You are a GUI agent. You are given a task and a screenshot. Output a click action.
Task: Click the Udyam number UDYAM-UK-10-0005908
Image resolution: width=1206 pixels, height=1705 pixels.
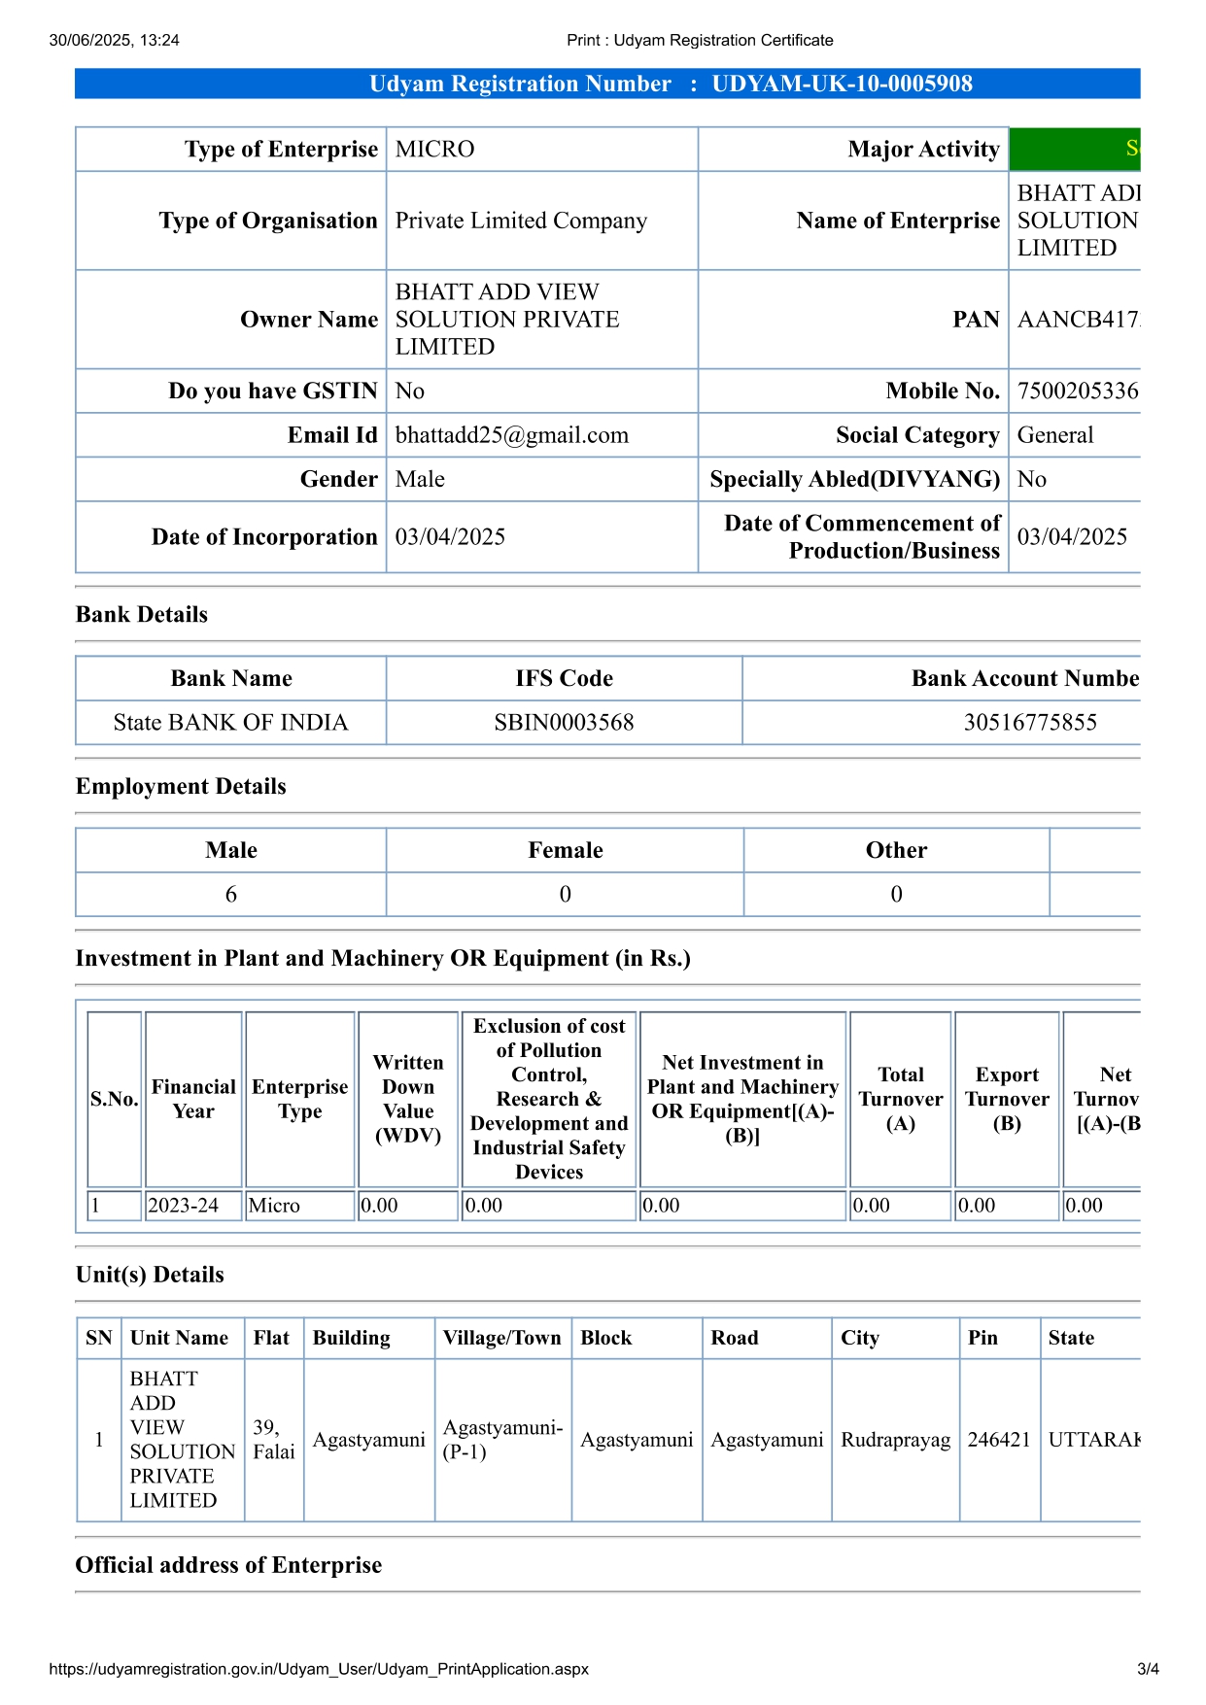point(842,84)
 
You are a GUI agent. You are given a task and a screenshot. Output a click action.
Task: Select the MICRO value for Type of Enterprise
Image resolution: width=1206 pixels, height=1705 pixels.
point(434,150)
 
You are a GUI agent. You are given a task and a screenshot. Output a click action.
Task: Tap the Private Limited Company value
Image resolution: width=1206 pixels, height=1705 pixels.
point(521,222)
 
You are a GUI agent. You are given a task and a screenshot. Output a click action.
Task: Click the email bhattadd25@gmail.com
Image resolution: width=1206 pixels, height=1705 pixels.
point(511,435)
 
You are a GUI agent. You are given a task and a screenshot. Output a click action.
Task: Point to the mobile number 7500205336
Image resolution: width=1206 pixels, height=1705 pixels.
point(1077,392)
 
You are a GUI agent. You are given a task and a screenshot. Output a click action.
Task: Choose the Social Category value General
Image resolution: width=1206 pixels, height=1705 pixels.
point(1054,435)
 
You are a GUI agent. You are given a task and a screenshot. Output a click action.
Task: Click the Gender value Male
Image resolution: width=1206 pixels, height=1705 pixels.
point(420,480)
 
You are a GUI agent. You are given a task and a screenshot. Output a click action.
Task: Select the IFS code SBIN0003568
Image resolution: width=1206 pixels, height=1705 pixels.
point(564,723)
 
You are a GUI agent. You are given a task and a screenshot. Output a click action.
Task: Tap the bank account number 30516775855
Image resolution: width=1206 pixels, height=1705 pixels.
point(1029,723)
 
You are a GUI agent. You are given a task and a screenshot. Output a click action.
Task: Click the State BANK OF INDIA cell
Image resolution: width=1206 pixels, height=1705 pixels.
point(230,723)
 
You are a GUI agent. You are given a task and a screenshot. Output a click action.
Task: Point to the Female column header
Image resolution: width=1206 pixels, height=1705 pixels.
point(565,851)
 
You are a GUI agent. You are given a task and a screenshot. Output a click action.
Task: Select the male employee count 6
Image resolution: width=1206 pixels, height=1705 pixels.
point(231,895)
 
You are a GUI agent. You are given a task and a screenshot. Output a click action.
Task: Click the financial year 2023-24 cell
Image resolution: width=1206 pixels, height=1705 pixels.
point(183,1206)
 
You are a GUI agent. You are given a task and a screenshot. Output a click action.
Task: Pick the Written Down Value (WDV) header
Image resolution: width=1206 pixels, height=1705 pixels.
point(408,1099)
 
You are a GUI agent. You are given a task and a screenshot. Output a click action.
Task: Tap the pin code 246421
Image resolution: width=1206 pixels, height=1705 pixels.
point(998,1440)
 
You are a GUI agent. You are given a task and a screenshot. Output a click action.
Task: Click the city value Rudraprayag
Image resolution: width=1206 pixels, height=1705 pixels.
point(895,1440)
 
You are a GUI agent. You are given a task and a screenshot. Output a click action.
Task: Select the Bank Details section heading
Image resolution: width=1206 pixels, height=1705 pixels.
point(142,615)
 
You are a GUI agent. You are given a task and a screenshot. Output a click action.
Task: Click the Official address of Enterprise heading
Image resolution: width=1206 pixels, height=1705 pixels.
point(228,1565)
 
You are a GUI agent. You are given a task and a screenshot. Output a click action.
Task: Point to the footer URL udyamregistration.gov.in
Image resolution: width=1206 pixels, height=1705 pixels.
point(318,1669)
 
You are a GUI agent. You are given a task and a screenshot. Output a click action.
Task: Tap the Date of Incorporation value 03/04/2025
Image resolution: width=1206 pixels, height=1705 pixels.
point(450,537)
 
